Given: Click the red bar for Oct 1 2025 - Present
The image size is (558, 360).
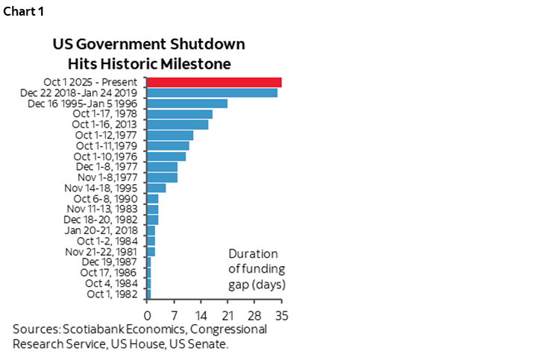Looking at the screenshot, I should tap(214, 82).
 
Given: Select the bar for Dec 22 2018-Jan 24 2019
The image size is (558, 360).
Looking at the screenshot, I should tap(212, 92).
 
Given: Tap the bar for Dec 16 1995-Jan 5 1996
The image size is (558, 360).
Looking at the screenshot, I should tap(186, 104).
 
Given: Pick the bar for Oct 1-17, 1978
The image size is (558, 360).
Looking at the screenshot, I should tap(179, 114).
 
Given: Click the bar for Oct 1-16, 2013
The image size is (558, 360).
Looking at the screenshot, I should tap(177, 124).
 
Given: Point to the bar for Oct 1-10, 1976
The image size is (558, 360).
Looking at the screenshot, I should tap(166, 157).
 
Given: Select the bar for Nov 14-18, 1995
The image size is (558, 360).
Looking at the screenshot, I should tap(156, 188).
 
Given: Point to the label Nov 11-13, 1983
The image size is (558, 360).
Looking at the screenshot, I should tap(107, 209).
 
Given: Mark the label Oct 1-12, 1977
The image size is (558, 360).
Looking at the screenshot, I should tap(108, 135).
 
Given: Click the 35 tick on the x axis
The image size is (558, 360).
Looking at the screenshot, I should tap(281, 312).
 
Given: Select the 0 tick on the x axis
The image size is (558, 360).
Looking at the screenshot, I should tap(147, 312).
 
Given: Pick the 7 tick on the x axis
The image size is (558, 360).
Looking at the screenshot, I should tap(174, 312).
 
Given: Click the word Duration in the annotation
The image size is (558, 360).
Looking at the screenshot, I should tap(253, 254).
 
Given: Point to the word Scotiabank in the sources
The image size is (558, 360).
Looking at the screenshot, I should tap(91, 329).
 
